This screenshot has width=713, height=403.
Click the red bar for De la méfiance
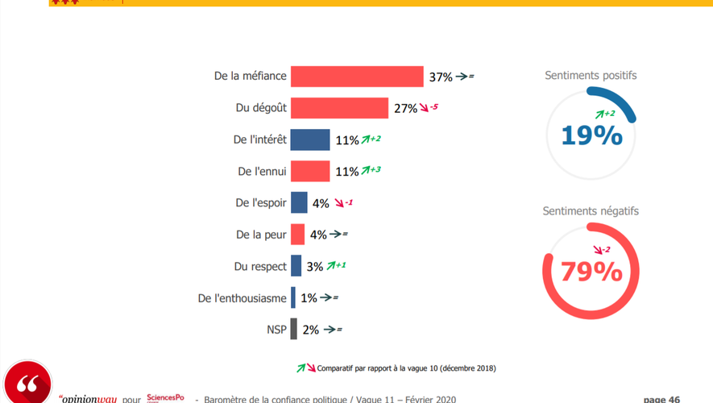click(x=357, y=77)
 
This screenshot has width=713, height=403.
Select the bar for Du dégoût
click(x=339, y=108)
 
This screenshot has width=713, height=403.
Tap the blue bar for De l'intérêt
click(x=310, y=139)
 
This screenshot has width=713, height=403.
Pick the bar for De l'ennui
click(x=310, y=171)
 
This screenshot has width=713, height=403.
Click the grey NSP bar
click(x=294, y=329)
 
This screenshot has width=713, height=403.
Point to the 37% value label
click(x=441, y=77)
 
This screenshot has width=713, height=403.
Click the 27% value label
click(x=405, y=109)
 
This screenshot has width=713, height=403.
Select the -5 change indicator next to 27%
click(x=429, y=107)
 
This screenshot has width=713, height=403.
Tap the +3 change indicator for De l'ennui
click(x=371, y=170)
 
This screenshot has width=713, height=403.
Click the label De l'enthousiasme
click(x=242, y=298)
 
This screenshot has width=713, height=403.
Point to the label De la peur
click(x=261, y=235)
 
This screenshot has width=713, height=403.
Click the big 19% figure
click(x=591, y=135)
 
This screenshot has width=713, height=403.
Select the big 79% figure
click(x=591, y=272)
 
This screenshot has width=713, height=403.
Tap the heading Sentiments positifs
click(x=591, y=76)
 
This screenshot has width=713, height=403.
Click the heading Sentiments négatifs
click(x=591, y=211)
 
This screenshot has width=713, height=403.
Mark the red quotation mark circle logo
click(x=28, y=384)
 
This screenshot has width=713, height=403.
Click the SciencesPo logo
click(x=165, y=397)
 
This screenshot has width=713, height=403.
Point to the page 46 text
click(x=661, y=399)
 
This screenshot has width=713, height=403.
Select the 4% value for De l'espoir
click(x=320, y=203)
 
